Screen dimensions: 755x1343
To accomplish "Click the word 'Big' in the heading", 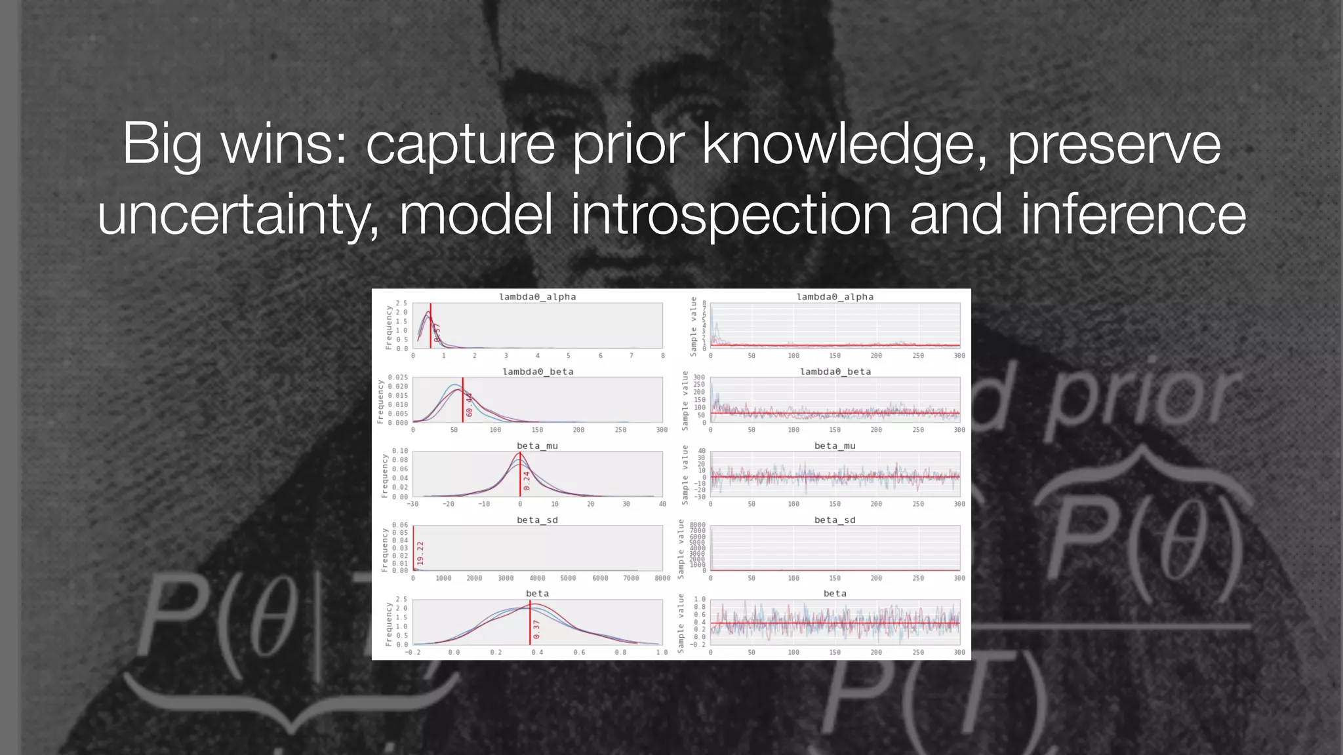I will (x=162, y=144).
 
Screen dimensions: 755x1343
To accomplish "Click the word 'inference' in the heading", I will (x=1134, y=214).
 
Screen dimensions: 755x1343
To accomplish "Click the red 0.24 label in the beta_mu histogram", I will (x=527, y=481).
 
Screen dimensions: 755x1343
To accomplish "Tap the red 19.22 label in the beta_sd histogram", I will (x=420, y=553).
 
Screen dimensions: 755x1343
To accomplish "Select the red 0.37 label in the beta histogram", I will (x=536, y=630).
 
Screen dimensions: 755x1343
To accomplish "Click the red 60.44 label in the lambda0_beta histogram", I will (x=469, y=404).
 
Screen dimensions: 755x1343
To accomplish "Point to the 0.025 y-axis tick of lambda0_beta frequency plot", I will (x=397, y=377).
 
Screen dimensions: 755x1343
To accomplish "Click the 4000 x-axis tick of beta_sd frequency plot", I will (x=537, y=579).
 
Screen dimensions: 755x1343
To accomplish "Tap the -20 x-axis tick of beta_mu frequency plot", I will (x=448, y=505).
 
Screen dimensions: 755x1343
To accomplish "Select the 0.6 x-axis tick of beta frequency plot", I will (x=579, y=653).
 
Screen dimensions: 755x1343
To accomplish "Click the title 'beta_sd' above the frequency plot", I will (x=537, y=520).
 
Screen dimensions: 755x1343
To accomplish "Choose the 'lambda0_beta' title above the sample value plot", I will (x=835, y=372).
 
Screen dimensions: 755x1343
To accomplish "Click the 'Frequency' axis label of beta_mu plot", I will (x=385, y=476).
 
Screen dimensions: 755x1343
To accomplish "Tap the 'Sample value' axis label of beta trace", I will (x=681, y=623).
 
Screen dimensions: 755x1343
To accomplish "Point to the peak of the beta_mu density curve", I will (x=519, y=453).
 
